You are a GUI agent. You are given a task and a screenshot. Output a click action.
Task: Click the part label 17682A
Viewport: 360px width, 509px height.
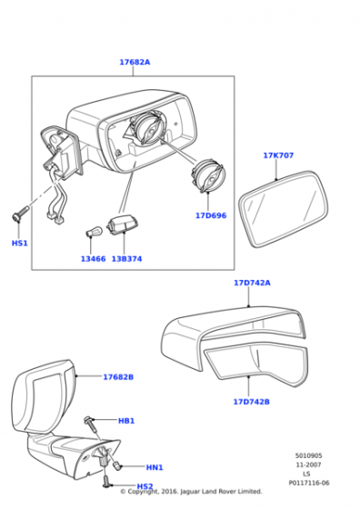click(x=135, y=62)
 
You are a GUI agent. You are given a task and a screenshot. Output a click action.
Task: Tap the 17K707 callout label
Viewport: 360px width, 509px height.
click(x=278, y=155)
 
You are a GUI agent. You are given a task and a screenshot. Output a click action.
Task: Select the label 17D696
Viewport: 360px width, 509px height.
click(x=211, y=215)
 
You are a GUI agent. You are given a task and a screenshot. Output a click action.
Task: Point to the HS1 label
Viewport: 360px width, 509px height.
click(x=19, y=244)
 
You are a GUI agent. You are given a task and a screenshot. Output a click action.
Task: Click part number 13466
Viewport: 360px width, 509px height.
click(x=93, y=259)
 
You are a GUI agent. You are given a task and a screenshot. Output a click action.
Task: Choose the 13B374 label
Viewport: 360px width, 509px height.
click(x=126, y=259)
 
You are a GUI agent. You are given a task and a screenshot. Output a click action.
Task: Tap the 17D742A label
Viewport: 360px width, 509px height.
click(x=252, y=283)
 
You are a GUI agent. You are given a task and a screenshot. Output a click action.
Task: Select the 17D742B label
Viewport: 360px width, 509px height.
click(x=251, y=402)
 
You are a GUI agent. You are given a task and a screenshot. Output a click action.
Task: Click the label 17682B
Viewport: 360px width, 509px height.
click(x=118, y=377)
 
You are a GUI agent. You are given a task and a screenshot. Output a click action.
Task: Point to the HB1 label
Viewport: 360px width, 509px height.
click(x=126, y=421)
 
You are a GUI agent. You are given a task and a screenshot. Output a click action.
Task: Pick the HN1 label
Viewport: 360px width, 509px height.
click(x=155, y=467)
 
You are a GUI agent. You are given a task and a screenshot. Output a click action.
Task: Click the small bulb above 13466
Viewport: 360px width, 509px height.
click(x=95, y=232)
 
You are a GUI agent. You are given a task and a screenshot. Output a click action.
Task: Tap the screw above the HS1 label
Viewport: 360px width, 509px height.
click(x=20, y=215)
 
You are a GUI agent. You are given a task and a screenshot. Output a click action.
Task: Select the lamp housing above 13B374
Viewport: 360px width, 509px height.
click(x=120, y=225)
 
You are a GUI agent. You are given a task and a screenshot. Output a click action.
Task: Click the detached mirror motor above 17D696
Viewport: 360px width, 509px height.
click(x=207, y=175)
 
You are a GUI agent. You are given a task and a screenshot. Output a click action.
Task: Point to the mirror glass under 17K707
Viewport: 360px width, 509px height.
click(x=284, y=209)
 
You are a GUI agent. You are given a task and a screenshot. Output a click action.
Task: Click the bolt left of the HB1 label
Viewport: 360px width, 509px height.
click(x=91, y=424)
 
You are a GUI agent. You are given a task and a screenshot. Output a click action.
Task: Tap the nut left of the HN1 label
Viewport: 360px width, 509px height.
click(x=117, y=466)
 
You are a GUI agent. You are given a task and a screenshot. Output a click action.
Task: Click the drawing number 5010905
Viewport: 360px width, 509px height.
click(x=308, y=455)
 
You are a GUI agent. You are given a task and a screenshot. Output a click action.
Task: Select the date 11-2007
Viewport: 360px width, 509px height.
click(x=308, y=464)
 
